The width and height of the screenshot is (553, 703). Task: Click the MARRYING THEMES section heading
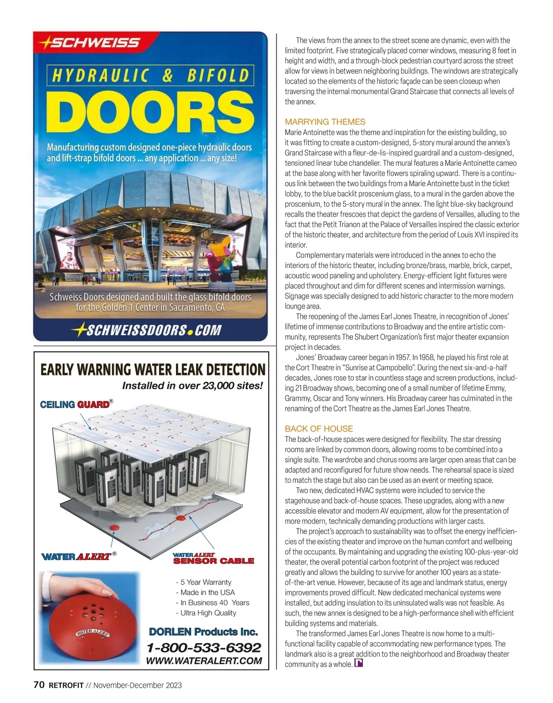coord(325,122)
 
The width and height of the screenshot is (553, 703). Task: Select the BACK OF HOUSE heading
coord(319,429)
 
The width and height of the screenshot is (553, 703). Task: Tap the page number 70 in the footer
coord(39,685)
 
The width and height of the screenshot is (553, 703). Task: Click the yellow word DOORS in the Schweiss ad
coord(150,112)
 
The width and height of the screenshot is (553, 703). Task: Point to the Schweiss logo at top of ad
coord(90,43)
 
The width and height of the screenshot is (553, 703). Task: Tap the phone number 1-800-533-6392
coord(204,648)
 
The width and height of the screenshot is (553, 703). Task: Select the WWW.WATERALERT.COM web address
coord(204,661)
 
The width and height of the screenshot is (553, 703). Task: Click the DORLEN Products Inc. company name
coord(203,632)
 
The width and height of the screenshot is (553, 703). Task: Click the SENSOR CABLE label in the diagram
coord(213,561)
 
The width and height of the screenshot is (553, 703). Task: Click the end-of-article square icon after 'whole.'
coord(358,663)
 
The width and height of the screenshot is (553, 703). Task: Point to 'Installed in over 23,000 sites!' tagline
coord(192,386)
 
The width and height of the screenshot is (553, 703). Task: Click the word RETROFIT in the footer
coord(66,686)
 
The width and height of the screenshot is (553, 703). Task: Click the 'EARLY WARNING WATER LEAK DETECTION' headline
coord(153,370)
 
